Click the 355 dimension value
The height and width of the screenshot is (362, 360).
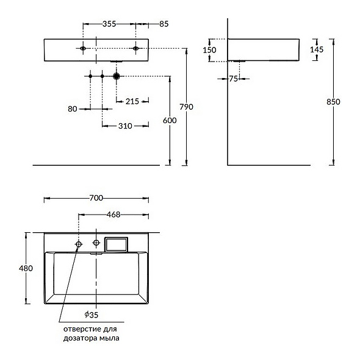point(109,24)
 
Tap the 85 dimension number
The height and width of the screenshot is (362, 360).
point(164,24)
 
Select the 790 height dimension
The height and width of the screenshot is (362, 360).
point(186,107)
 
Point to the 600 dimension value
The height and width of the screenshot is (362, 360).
point(170,120)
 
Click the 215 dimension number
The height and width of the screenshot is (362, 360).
point(132,101)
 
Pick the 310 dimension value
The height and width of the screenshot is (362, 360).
point(125,126)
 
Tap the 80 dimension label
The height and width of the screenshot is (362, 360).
point(73,108)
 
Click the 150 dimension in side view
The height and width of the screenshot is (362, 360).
point(209,50)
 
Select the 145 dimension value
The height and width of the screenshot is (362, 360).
point(317,49)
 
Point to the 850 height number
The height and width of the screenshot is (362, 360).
point(333,102)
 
